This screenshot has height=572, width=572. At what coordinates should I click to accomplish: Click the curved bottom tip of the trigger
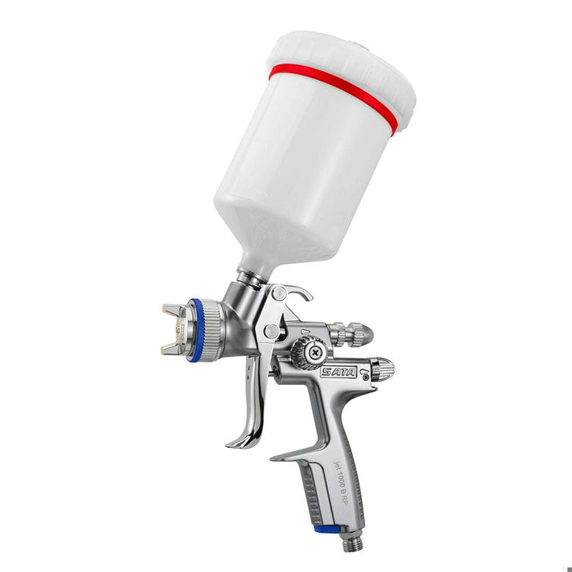tap(236, 442)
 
